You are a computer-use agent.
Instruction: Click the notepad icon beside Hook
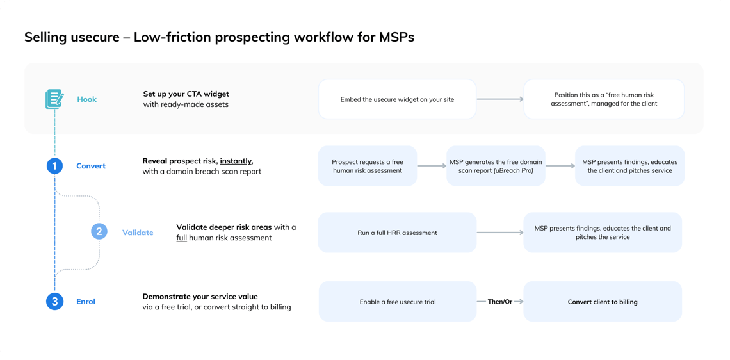[54, 99]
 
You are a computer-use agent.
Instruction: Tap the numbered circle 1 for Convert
[54, 166]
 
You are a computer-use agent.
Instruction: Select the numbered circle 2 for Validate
[99, 232]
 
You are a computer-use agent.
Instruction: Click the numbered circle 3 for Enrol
[54, 301]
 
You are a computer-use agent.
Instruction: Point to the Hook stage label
[87, 99]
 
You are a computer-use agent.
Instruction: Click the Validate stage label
[138, 233]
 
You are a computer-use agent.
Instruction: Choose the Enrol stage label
[86, 301]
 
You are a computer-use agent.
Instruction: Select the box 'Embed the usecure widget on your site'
[397, 99]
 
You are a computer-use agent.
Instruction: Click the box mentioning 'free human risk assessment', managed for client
[604, 99]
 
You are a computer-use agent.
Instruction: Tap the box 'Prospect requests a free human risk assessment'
[367, 166]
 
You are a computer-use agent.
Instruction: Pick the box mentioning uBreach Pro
[496, 166]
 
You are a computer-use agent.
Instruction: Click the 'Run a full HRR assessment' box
[397, 233]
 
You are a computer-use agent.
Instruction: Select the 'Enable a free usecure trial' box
[397, 302]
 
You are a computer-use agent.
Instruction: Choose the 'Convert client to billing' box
[603, 302]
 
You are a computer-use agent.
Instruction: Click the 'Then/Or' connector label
[499, 302]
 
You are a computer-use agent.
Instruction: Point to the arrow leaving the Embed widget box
[499, 99]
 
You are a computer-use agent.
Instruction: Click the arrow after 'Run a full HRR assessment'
[499, 233]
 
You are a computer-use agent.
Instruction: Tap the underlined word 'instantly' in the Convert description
[236, 161]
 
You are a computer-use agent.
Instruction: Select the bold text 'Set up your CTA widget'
[186, 94]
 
